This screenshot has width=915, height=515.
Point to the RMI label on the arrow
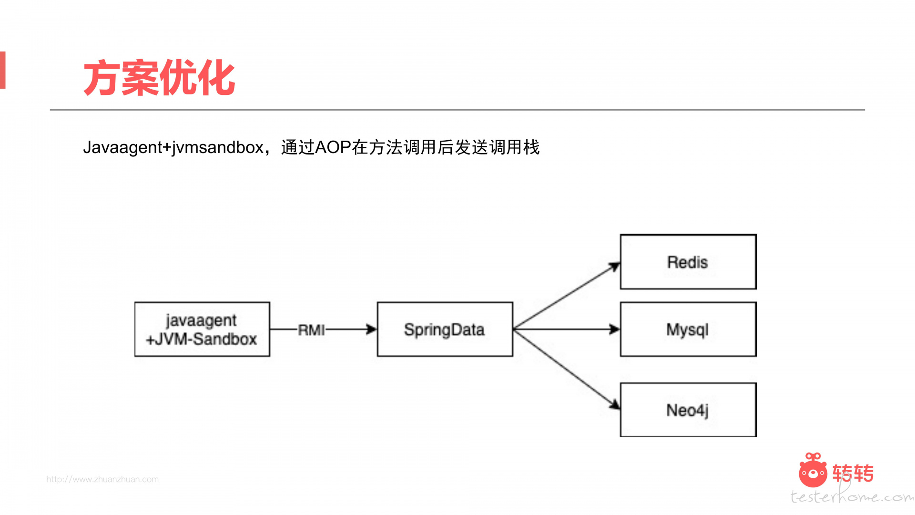pos(311,330)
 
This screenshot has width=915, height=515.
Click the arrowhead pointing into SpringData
pos(371,329)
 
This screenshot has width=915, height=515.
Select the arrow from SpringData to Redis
pos(567,296)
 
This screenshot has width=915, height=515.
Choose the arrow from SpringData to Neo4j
pos(567,369)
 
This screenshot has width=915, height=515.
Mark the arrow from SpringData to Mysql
pos(567,329)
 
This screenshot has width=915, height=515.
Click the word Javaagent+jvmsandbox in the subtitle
pos(173,147)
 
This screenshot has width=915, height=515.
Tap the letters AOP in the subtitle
pos(333,147)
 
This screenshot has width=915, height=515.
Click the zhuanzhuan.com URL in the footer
pos(102,479)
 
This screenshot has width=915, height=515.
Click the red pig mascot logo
pos(813,470)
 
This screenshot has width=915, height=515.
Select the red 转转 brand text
pos(853,473)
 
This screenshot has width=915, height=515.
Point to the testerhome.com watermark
pos(852,496)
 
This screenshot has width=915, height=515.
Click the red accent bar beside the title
pos(2,70)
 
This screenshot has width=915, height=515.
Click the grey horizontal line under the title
pos(457,110)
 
